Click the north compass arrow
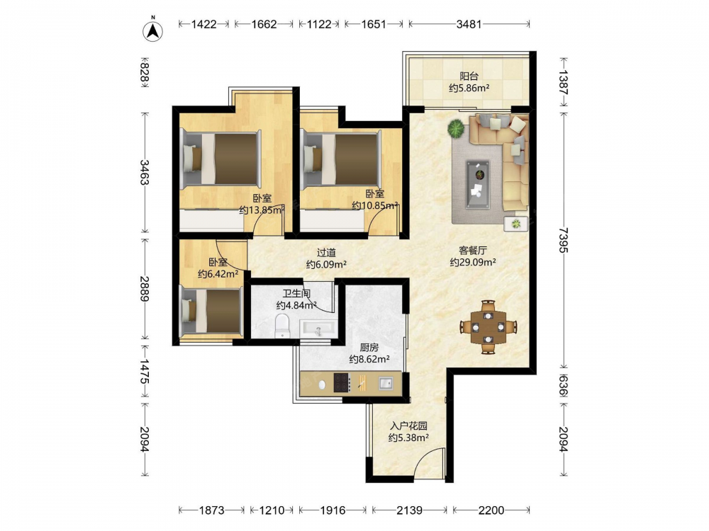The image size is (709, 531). tap(153, 30)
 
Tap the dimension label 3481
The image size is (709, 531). tap(469, 24)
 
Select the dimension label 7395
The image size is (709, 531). tap(563, 240)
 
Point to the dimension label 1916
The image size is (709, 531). tap(333, 510)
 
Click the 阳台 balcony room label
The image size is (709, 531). tap(469, 76)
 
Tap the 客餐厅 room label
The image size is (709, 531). tap(473, 250)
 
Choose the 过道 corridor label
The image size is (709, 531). tap(326, 253)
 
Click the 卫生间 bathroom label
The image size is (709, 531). tap(296, 294)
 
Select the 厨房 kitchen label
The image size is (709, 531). tap(369, 348)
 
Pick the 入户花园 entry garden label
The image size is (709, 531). tap(409, 426)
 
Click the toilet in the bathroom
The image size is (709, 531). tap(282, 326)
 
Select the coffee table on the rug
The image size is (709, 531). tap(478, 184)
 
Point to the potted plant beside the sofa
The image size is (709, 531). tap(456, 128)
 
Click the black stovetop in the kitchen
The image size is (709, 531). tap(342, 383)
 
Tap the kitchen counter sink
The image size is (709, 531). tap(385, 383)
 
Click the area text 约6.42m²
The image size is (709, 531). tap(218, 274)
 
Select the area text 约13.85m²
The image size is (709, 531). tap(262, 210)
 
